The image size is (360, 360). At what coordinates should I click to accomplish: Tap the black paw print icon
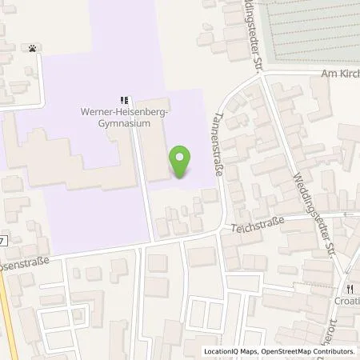coord(32,48)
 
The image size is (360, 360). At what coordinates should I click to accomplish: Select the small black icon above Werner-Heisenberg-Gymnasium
coord(123,100)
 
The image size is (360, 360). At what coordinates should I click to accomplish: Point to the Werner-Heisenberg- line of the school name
coord(123,113)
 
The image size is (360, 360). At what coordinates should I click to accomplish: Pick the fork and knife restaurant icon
coord(350,289)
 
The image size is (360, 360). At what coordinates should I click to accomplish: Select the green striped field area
coord(312,32)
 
